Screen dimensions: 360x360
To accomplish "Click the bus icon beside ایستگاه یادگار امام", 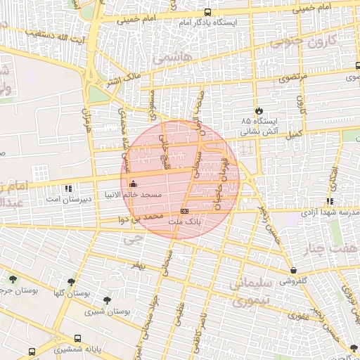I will [207, 12].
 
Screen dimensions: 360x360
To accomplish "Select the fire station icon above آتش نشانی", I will [259, 111].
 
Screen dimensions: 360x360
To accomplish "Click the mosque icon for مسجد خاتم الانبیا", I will [133, 184].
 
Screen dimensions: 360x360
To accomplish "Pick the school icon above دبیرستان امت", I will [67, 188].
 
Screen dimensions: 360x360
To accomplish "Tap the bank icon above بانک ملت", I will [184, 210].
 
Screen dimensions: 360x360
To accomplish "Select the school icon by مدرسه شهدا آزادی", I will [330, 201].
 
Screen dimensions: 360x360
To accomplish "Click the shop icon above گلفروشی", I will [293, 270].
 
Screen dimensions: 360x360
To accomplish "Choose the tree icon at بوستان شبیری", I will [107, 300].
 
